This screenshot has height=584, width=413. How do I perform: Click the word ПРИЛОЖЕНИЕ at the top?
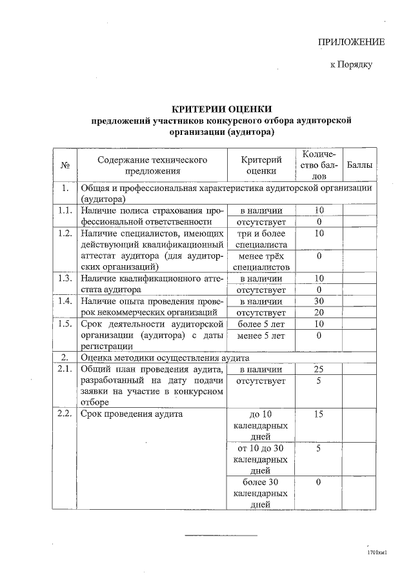tap(351, 43)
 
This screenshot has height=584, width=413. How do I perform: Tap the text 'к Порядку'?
tap(350, 65)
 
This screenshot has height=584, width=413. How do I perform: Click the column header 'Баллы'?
tap(359, 166)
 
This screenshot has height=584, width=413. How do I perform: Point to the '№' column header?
tap(65, 166)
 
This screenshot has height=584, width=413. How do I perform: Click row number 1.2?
tap(64, 234)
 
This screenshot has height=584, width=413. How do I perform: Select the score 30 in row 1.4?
tap(319, 301)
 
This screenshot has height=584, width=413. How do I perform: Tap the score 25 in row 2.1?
tap(319, 370)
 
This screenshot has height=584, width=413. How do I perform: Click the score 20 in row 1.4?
tap(319, 313)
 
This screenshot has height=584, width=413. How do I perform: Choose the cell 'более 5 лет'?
tap(261, 324)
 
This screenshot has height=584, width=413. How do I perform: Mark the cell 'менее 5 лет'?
tap(261, 336)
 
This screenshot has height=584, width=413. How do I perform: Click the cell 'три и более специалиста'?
tap(261, 239)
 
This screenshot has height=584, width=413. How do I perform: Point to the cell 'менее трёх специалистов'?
tap(261, 261)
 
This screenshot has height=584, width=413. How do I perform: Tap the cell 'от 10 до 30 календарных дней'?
tap(261, 459)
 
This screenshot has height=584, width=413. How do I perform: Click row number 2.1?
tap(64, 370)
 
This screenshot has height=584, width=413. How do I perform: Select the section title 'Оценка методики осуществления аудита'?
tap(165, 357)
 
